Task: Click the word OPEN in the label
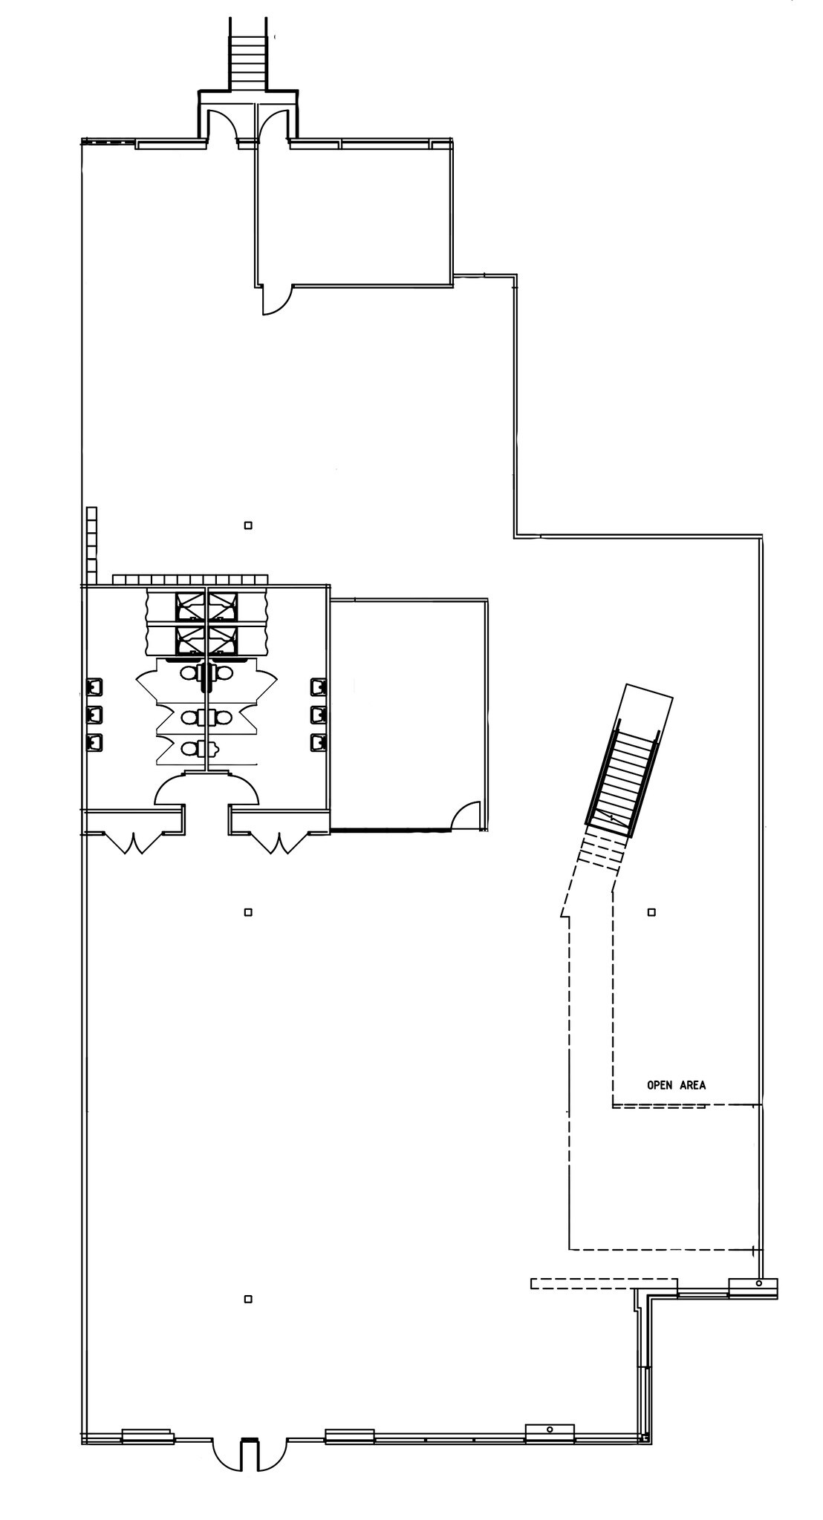pyautogui.click(x=660, y=1085)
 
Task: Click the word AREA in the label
pyautogui.click(x=691, y=1085)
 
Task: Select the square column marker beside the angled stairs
pyautogui.click(x=651, y=911)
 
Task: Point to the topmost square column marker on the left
pyautogui.click(x=248, y=525)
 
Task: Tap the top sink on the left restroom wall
pyautogui.click(x=95, y=687)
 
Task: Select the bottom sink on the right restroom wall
pyautogui.click(x=318, y=741)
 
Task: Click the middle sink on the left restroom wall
pyautogui.click(x=95, y=714)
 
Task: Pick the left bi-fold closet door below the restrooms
pyautogui.click(x=134, y=842)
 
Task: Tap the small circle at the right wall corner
pyautogui.click(x=758, y=1283)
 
